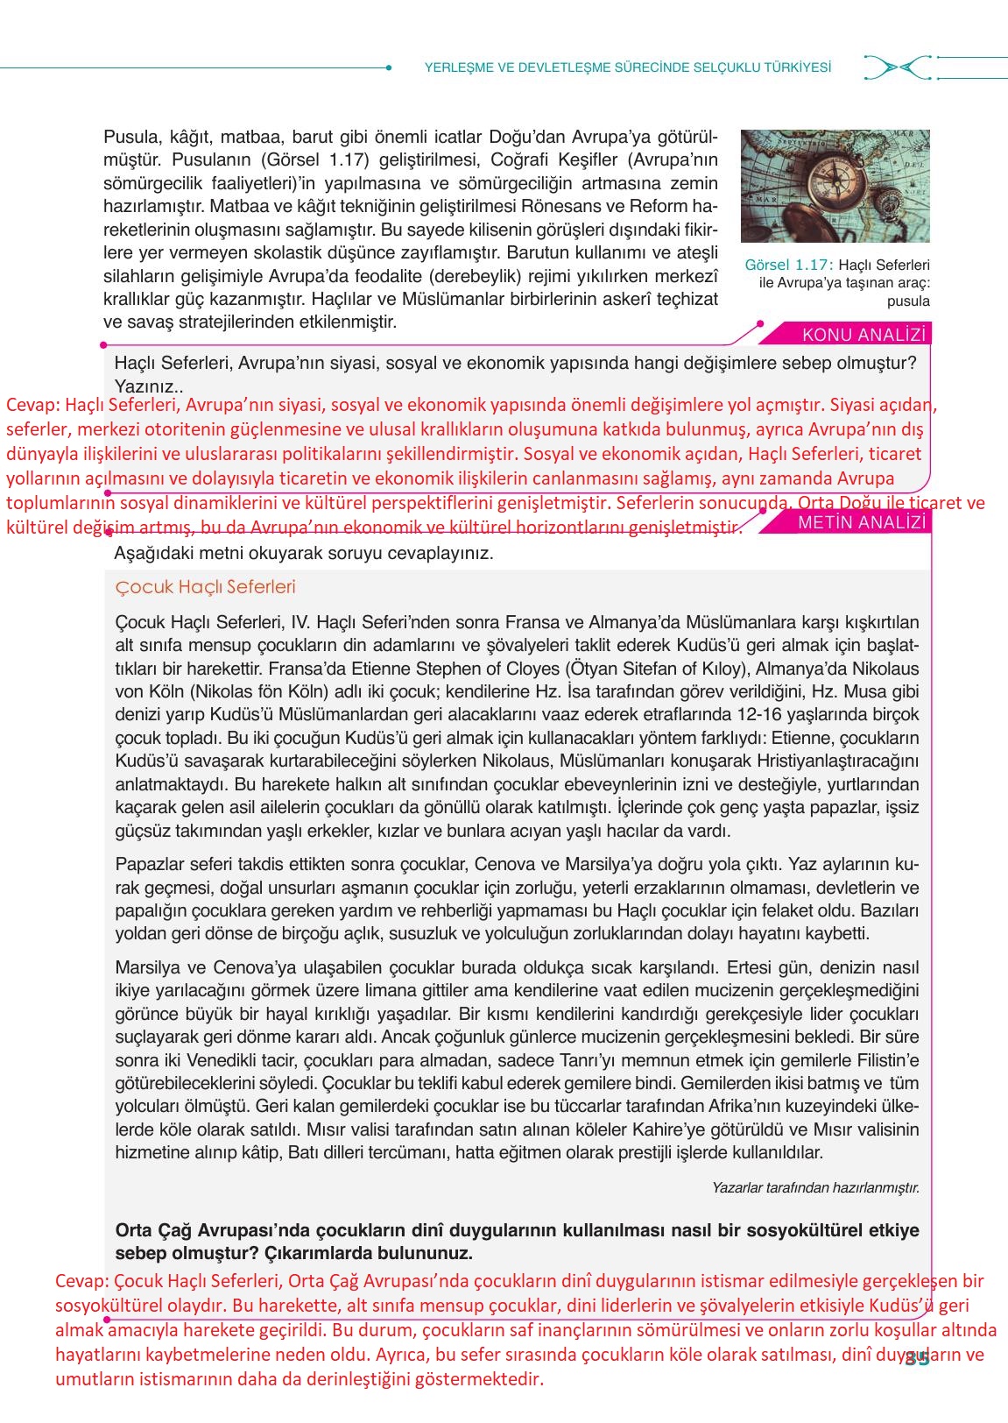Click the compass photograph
[835, 186]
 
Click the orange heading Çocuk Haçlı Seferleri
[205, 587]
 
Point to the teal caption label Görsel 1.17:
[788, 265]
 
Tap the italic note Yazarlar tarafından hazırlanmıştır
[814, 1188]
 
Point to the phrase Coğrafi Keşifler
[550, 160]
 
